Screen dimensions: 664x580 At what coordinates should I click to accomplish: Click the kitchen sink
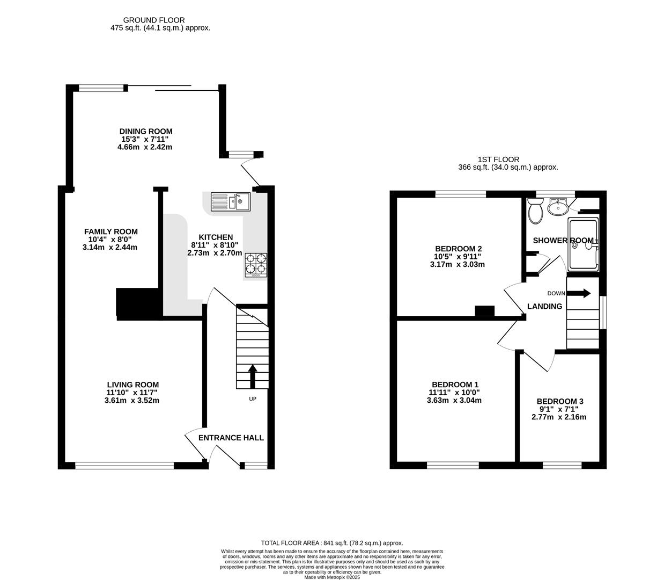tap(231, 202)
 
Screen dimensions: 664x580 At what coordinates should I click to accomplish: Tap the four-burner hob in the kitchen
tap(256, 265)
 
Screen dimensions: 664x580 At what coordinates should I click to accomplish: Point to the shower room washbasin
tap(558, 207)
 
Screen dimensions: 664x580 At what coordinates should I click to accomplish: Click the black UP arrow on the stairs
tap(253, 376)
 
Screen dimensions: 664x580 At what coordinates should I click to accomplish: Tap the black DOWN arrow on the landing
tap(579, 293)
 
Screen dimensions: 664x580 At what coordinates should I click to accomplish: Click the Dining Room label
tap(146, 131)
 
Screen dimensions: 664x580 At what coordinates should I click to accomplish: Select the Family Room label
tap(111, 231)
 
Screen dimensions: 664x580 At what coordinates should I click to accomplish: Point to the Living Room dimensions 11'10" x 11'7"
tap(132, 393)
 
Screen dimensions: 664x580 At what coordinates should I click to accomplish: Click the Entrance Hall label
tap(231, 438)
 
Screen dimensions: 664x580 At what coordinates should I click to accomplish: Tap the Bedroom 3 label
tap(560, 401)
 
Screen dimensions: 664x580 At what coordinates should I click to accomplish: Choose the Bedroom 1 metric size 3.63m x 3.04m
tap(454, 400)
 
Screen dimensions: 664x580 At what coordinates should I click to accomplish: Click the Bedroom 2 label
tap(458, 249)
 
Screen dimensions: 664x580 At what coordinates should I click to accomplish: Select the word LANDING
tap(544, 306)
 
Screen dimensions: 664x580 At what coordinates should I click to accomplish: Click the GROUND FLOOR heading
tap(154, 20)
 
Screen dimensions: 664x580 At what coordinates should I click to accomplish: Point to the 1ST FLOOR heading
tap(498, 160)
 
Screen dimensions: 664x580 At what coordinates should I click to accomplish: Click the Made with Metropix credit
tap(332, 577)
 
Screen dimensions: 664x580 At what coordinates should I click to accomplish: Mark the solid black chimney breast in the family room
tap(138, 304)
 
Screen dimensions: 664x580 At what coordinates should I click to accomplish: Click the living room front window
tap(124, 466)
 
